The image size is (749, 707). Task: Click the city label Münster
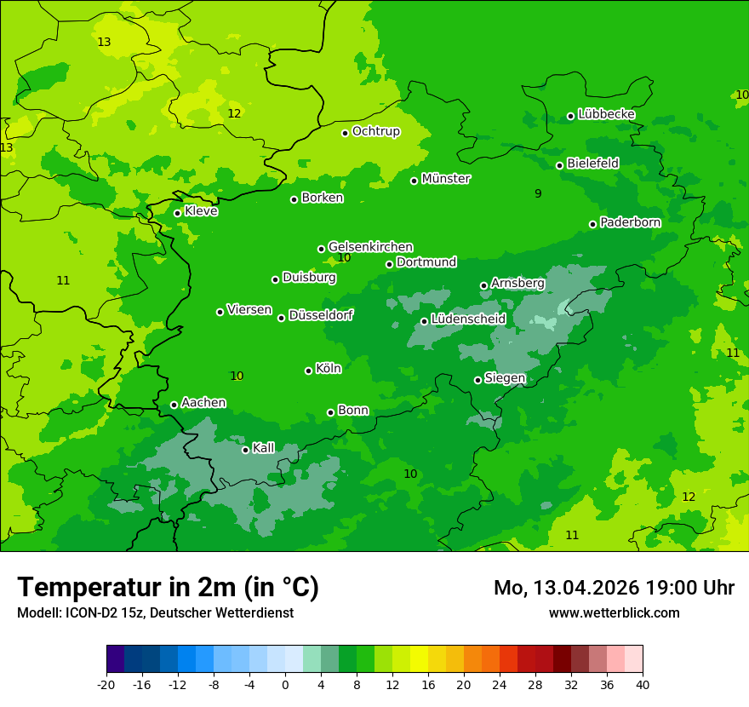click(x=446, y=179)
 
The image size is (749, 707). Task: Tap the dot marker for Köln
click(x=308, y=371)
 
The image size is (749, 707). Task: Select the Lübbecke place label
click(x=606, y=114)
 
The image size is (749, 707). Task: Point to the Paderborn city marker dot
click(x=592, y=224)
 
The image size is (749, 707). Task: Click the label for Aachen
click(x=203, y=403)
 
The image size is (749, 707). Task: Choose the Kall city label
click(x=264, y=448)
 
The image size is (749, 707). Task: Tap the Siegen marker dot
click(x=477, y=380)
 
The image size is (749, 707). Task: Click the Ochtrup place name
click(x=376, y=131)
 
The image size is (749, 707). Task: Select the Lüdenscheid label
click(x=468, y=319)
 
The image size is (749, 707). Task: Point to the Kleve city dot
click(x=177, y=213)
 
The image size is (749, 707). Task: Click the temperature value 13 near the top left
click(x=104, y=43)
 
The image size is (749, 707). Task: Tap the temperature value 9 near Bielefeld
click(x=538, y=194)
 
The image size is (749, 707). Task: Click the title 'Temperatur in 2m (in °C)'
click(x=168, y=588)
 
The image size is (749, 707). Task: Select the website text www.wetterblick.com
click(x=614, y=613)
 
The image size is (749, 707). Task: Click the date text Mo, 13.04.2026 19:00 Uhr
click(x=614, y=588)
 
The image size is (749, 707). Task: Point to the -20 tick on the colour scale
click(x=106, y=685)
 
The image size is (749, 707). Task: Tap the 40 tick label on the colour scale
click(x=643, y=685)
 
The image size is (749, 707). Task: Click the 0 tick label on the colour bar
click(x=285, y=685)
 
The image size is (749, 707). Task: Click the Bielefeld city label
click(x=592, y=163)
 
